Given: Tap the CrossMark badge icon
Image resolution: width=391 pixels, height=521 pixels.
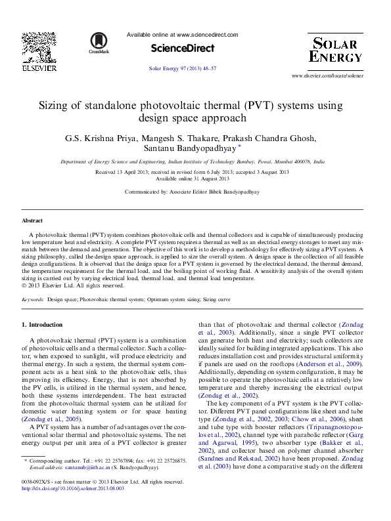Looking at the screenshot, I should pos(99,43).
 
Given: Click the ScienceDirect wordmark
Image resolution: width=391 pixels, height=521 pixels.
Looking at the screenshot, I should pos(183,49).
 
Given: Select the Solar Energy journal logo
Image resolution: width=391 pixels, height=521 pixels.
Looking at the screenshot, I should pos(336,51).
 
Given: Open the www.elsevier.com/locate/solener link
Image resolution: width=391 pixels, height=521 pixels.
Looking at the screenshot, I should pos(327,76).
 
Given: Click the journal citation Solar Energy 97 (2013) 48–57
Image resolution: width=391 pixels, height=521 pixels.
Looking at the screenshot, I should pos(183,69).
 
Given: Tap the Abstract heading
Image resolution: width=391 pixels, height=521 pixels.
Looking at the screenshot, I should pos(32,221).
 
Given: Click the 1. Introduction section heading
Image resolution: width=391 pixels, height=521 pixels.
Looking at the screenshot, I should pos(43,325).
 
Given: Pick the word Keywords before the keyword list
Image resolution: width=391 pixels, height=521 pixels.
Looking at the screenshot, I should pos(33,299).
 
